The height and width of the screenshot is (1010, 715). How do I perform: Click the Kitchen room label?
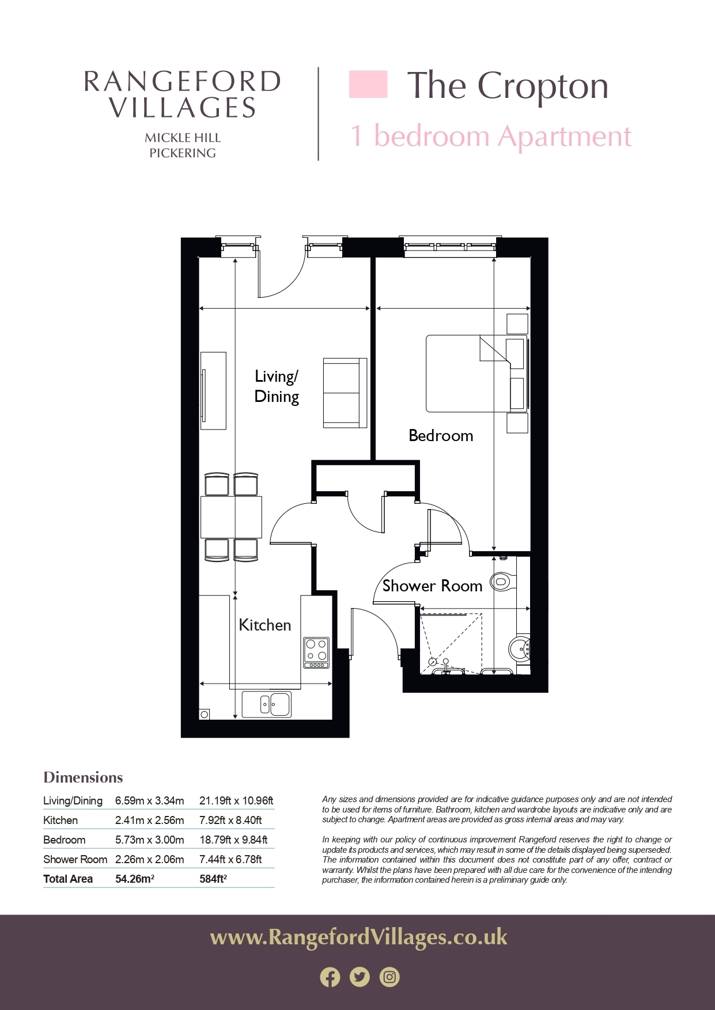(265, 625)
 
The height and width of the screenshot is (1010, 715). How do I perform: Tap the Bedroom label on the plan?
(441, 435)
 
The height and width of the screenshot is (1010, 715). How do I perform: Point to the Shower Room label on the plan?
(432, 586)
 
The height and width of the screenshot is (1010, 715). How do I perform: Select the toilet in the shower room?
(501, 582)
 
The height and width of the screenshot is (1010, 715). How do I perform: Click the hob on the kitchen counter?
(316, 652)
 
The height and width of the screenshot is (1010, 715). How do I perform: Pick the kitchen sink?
(266, 704)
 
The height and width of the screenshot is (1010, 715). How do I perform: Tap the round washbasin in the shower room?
(520, 650)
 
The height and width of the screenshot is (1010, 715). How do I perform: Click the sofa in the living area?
(345, 393)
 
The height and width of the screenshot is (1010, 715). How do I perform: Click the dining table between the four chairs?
(231, 517)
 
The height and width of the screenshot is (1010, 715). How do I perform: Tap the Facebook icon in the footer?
(330, 977)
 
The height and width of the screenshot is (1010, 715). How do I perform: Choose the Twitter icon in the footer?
(360, 977)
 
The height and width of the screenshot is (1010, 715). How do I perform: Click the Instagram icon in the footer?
(389, 977)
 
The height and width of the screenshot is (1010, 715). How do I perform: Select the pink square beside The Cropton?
(368, 85)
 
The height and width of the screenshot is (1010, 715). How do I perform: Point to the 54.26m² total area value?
(135, 879)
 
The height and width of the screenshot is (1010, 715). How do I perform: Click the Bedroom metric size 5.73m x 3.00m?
(150, 840)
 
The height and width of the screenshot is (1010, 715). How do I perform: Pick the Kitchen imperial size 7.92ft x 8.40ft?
(230, 820)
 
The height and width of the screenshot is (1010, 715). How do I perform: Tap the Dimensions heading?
(84, 777)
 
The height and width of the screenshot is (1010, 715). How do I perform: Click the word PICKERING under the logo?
(183, 153)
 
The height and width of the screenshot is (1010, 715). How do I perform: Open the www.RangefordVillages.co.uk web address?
(359, 937)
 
